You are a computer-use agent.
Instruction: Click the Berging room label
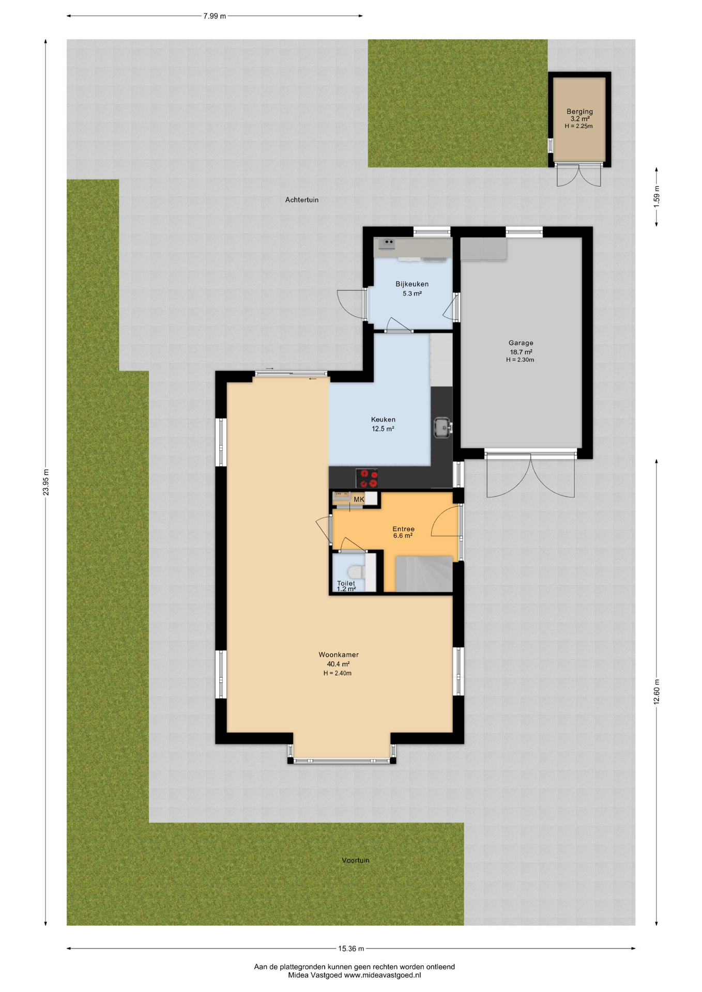pyautogui.click(x=579, y=112)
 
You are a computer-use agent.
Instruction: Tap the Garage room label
pyautogui.click(x=521, y=343)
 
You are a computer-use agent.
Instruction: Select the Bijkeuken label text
pyautogui.click(x=412, y=284)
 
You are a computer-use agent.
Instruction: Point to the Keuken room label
pyautogui.click(x=383, y=420)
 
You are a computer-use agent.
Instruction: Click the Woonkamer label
pyautogui.click(x=339, y=655)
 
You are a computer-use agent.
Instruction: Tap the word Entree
pyautogui.click(x=403, y=529)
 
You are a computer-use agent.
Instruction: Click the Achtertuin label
pyautogui.click(x=302, y=199)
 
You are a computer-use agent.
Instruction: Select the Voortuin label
pyautogui.click(x=356, y=860)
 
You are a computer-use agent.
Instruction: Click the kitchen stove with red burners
pyautogui.click(x=367, y=478)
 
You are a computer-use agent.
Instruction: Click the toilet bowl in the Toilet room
pyautogui.click(x=356, y=572)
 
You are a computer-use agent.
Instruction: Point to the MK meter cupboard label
pyautogui.click(x=359, y=500)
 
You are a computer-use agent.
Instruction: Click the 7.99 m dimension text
pyautogui.click(x=215, y=16)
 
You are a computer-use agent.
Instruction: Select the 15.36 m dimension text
pyautogui.click(x=351, y=949)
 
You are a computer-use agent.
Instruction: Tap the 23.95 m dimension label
pyautogui.click(x=46, y=483)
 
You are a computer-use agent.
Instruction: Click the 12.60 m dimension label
pyautogui.click(x=657, y=692)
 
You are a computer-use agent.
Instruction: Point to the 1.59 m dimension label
pyautogui.click(x=657, y=196)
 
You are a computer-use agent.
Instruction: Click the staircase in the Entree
pyautogui.click(x=424, y=574)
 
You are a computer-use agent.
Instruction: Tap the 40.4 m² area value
pyautogui.click(x=338, y=664)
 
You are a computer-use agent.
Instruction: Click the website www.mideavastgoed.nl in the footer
pyautogui.click(x=383, y=975)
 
